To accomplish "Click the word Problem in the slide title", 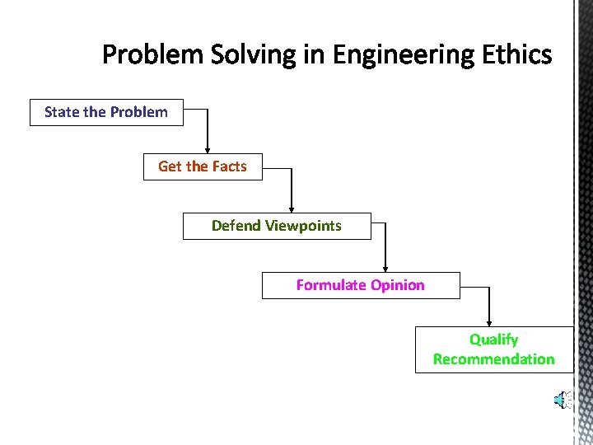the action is (153, 55).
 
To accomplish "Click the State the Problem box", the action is (106, 112).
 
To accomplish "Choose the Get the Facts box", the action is (203, 166).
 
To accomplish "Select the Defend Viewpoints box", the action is (277, 226).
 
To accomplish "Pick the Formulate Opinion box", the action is (361, 285).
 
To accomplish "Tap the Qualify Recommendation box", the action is (494, 349).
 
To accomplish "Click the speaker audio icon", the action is (563, 400).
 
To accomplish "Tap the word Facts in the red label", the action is (229, 166).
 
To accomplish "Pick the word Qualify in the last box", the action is (494, 340).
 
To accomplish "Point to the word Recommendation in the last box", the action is (494, 359).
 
